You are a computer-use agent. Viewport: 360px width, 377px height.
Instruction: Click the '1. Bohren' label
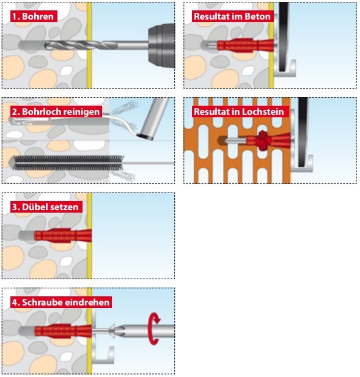[34, 16]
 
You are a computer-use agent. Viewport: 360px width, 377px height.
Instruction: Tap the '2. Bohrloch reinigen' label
[56, 112]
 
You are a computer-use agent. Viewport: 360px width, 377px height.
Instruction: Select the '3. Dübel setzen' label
[46, 207]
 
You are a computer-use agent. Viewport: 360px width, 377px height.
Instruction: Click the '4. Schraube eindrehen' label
[61, 302]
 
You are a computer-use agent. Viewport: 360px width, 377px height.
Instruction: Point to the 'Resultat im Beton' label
[232, 16]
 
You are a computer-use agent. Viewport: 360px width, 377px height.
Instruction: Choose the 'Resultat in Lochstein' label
[240, 112]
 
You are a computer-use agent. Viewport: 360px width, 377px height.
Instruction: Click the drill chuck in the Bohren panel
[161, 46]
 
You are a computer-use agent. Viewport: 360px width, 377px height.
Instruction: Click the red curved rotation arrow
[154, 329]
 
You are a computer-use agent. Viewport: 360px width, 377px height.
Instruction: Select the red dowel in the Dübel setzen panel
[63, 236]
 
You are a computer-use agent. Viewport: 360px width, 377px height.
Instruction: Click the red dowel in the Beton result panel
[245, 45]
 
